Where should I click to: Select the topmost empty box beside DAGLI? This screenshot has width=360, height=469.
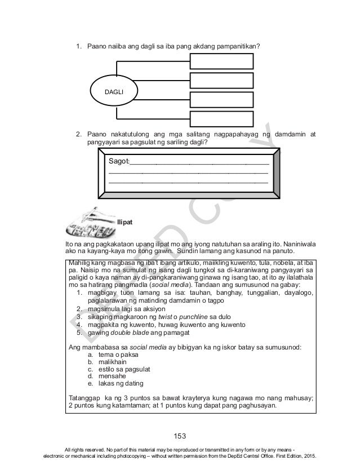[x=212, y=62]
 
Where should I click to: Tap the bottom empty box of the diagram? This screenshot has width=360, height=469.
[x=212, y=119]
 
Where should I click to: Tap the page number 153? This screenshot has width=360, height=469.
[x=180, y=436]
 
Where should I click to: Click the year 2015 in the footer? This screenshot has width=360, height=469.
[x=309, y=455]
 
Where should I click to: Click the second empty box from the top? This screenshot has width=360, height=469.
[x=212, y=81]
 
